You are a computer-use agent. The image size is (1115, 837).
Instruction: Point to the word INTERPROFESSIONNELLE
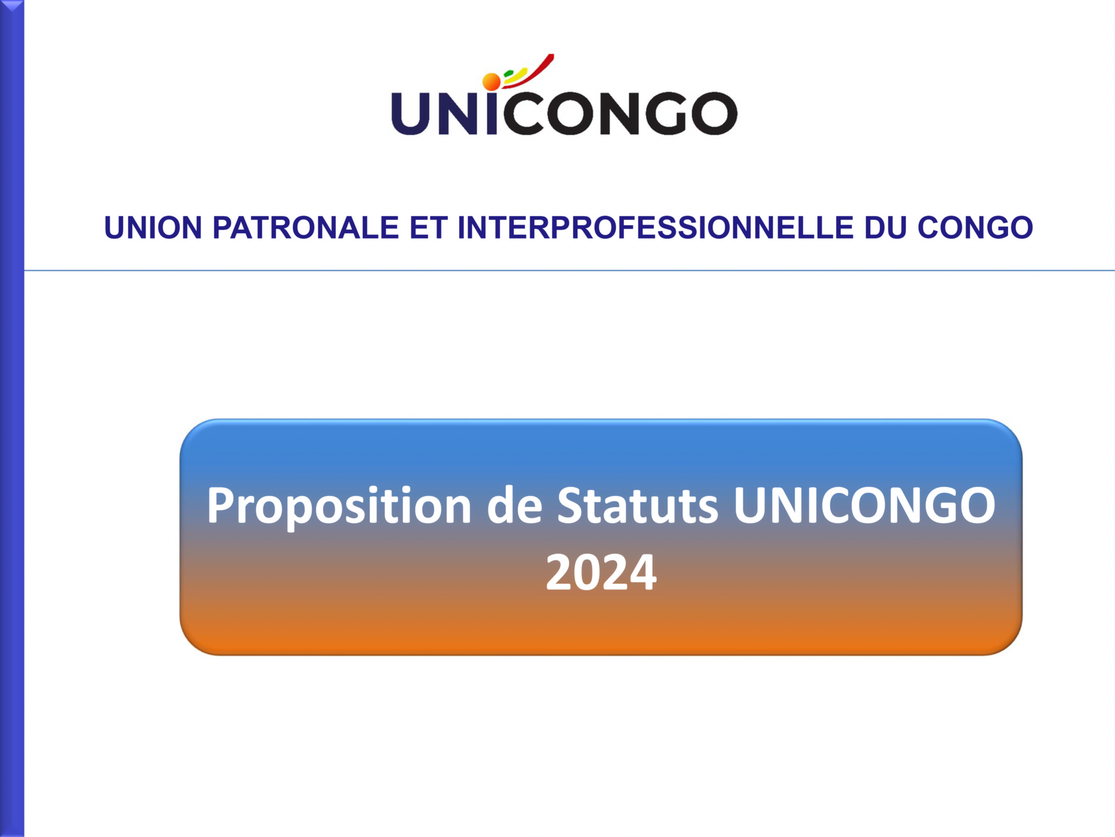tap(656, 227)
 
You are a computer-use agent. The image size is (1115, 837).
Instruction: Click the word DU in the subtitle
tap(886, 227)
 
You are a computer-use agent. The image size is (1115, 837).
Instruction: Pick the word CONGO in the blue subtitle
tap(975, 227)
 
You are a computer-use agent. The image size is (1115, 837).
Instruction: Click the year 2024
tap(601, 572)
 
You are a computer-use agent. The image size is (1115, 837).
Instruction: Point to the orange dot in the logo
tap(491, 81)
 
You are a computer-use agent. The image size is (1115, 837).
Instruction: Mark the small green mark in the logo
tap(508, 74)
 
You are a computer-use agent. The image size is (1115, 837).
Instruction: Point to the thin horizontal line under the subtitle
tap(569, 270)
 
